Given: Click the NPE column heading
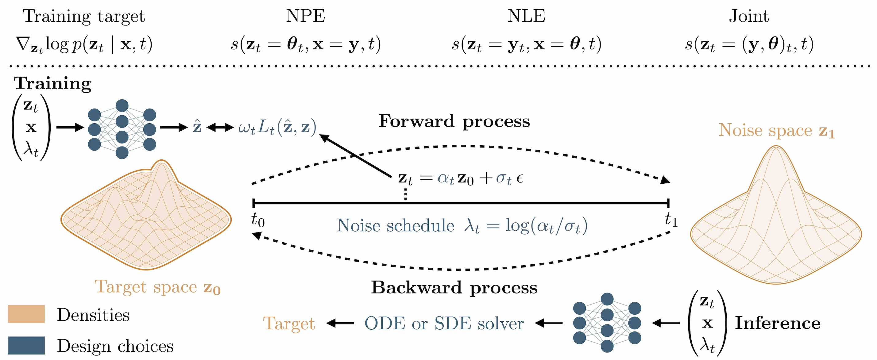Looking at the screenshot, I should pyautogui.click(x=305, y=16).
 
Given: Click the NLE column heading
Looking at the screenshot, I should pyautogui.click(x=526, y=16).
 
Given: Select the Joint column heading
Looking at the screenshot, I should pyautogui.click(x=749, y=16).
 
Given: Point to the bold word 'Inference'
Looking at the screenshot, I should pyautogui.click(x=778, y=323).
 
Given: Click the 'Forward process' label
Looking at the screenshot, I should pyautogui.click(x=454, y=121).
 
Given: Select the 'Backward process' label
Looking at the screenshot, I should pyautogui.click(x=454, y=288).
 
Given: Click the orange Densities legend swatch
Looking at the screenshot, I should pyautogui.click(x=26, y=314).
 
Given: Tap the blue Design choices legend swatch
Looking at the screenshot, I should pyautogui.click(x=26, y=345).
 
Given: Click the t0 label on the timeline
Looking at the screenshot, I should pyautogui.click(x=258, y=220).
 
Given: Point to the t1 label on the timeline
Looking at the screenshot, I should pyautogui.click(x=671, y=220).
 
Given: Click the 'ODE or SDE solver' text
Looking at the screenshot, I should pyautogui.click(x=444, y=323).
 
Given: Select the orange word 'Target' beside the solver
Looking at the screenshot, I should pyautogui.click(x=289, y=323).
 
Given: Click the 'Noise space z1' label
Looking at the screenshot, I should pyautogui.click(x=777, y=131).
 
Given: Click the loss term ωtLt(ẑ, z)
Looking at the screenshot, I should pyautogui.click(x=277, y=128).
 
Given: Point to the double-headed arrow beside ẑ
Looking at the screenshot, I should pyautogui.click(x=220, y=128).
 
